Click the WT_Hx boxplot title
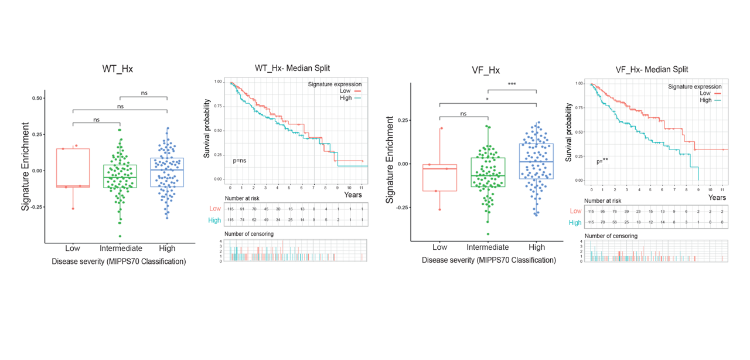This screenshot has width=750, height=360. tap(117, 69)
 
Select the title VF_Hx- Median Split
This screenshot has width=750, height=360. tap(652, 70)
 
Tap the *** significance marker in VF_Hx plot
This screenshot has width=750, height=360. tap(512, 84)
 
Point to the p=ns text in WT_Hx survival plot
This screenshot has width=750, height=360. tap(239, 160)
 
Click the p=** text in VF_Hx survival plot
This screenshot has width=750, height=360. tap(602, 161)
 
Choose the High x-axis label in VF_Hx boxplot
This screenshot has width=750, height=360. tap(536, 247)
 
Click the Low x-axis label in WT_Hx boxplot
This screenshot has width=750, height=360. tap(73, 249)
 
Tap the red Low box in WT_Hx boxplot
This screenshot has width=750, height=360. tap(73, 168)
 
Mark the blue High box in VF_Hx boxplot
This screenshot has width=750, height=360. tap(536, 161)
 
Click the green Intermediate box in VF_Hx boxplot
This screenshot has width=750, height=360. tap(487, 172)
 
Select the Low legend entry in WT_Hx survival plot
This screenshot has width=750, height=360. tap(346, 91)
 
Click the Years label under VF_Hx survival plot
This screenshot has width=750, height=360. tap(717, 198)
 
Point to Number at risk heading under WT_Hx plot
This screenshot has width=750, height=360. tap(242, 198)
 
